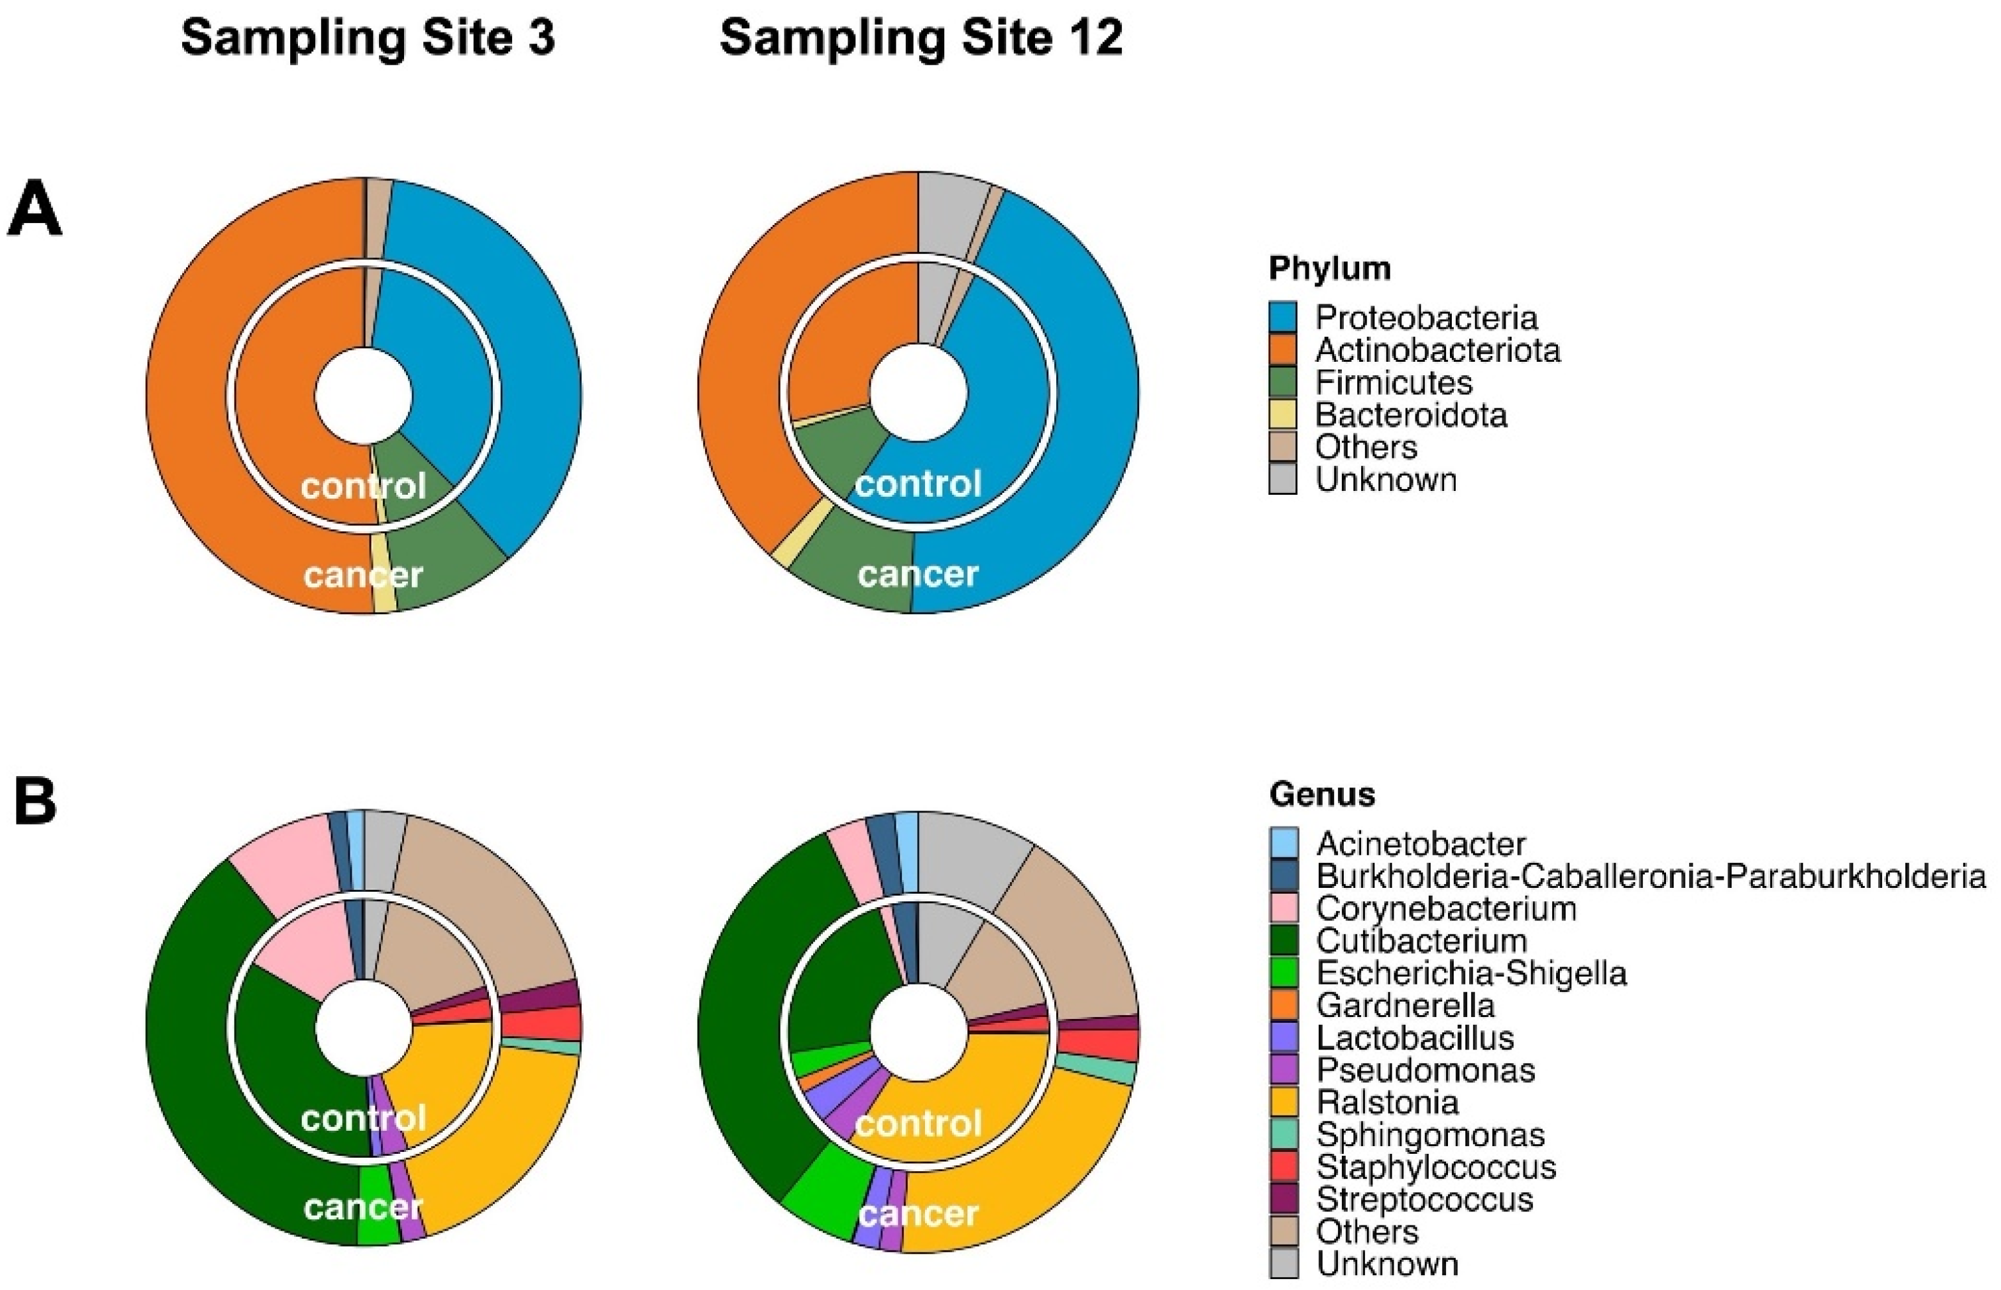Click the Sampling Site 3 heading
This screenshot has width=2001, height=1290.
(x=368, y=38)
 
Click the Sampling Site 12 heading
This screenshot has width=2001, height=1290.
(x=921, y=38)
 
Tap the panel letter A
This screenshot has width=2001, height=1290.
(x=35, y=210)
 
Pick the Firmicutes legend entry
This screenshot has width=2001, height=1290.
(x=1393, y=383)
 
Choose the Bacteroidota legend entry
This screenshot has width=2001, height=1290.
(x=1410, y=416)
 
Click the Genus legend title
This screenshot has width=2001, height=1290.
(x=1321, y=794)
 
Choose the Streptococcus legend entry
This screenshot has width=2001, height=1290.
(x=1424, y=1199)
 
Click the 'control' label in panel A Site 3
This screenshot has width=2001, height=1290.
(x=364, y=486)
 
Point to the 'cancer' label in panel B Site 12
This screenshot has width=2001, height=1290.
(x=919, y=1214)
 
